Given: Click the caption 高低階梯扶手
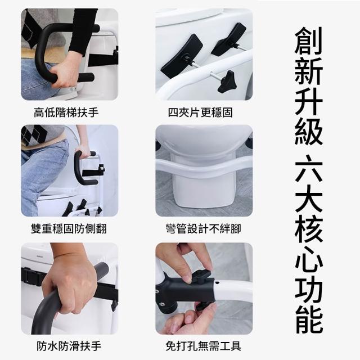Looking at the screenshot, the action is (x=66, y=112).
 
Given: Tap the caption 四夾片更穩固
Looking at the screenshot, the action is (x=200, y=112).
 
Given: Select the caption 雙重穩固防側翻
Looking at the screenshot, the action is (x=69, y=229).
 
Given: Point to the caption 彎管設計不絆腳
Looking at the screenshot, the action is (x=204, y=229).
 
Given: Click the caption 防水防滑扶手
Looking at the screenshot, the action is (x=69, y=346).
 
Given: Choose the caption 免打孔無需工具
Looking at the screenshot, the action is (x=204, y=346).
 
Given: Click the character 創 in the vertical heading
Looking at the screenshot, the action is (x=309, y=41).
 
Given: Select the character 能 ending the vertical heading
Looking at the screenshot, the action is (x=309, y=319).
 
